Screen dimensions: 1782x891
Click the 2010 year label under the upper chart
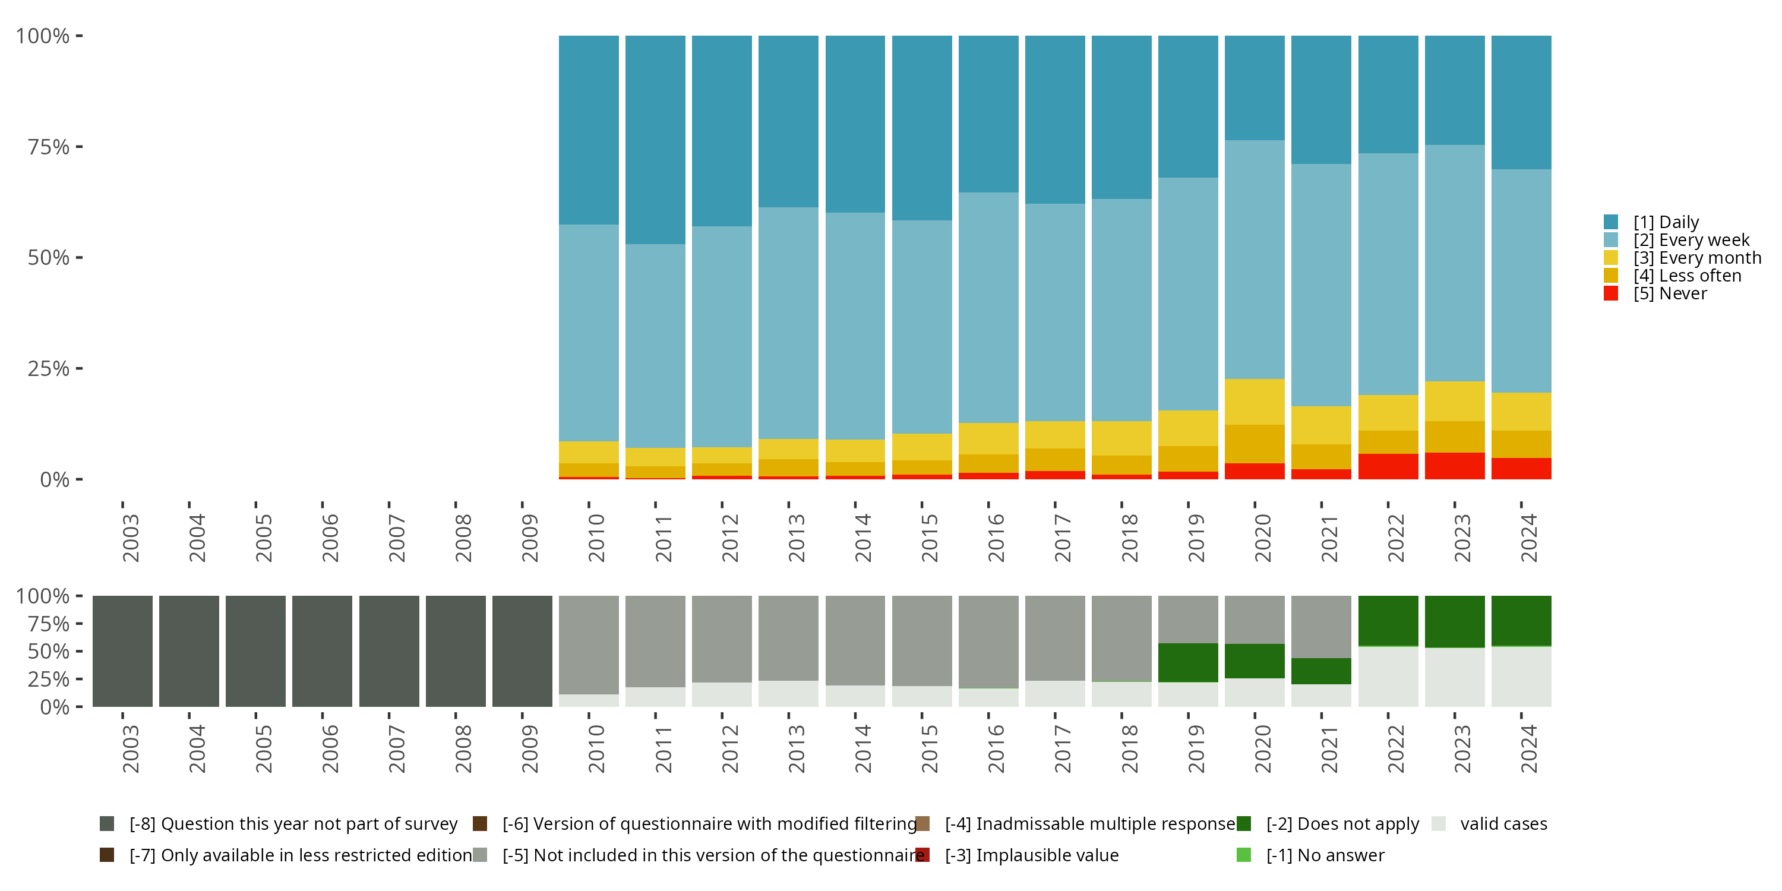click(596, 538)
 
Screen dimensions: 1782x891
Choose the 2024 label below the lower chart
click(1529, 748)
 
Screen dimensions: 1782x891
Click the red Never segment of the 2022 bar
click(1388, 466)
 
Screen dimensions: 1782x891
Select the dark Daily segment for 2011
click(655, 140)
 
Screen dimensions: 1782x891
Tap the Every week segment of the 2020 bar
click(1254, 260)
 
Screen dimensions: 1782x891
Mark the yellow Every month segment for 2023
click(1454, 401)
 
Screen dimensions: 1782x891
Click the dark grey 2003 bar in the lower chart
click(122, 651)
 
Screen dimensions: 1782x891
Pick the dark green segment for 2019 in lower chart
click(1188, 663)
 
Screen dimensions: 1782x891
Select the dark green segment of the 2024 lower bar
click(1521, 621)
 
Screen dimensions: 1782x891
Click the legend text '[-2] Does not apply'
click(1342, 824)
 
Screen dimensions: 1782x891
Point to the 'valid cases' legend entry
click(1503, 824)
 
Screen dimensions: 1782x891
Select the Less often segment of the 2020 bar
click(1254, 444)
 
